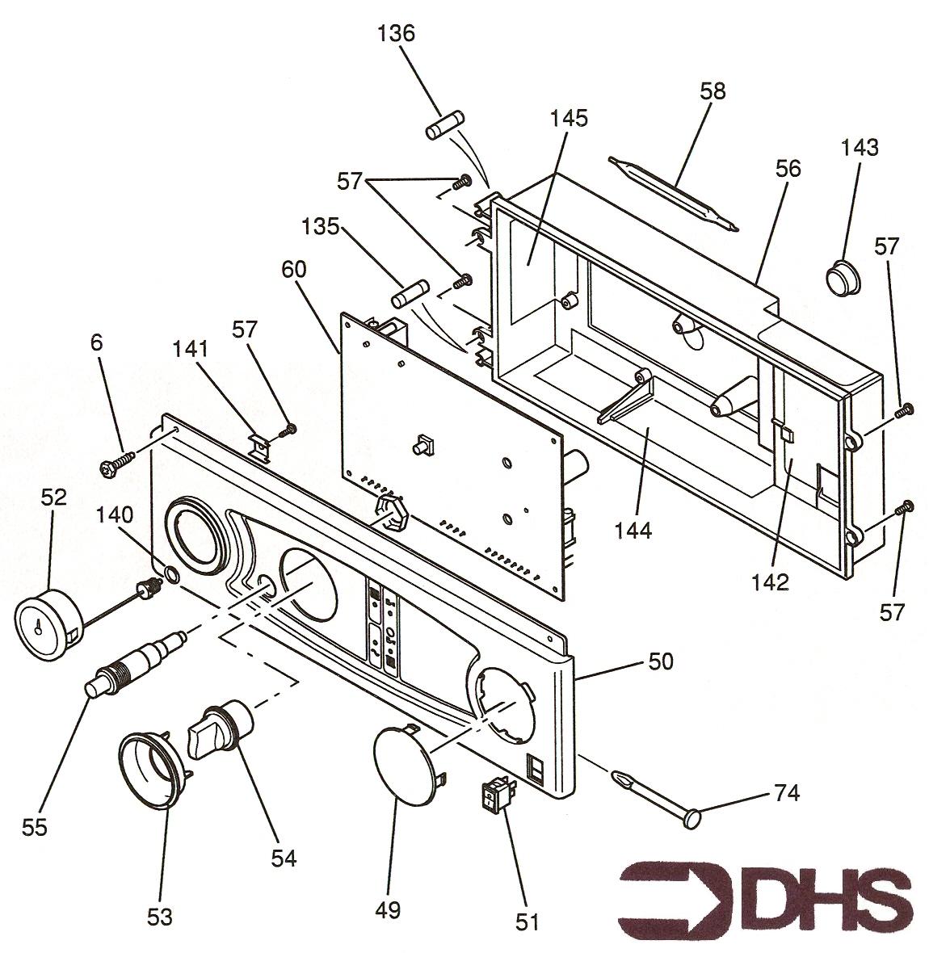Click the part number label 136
(396, 33)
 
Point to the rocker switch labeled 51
(498, 795)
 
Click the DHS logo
(766, 899)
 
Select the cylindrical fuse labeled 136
(446, 125)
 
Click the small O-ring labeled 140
(170, 573)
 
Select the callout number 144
(633, 530)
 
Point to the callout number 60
(294, 269)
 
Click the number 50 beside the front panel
(660, 661)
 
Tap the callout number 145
(569, 118)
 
